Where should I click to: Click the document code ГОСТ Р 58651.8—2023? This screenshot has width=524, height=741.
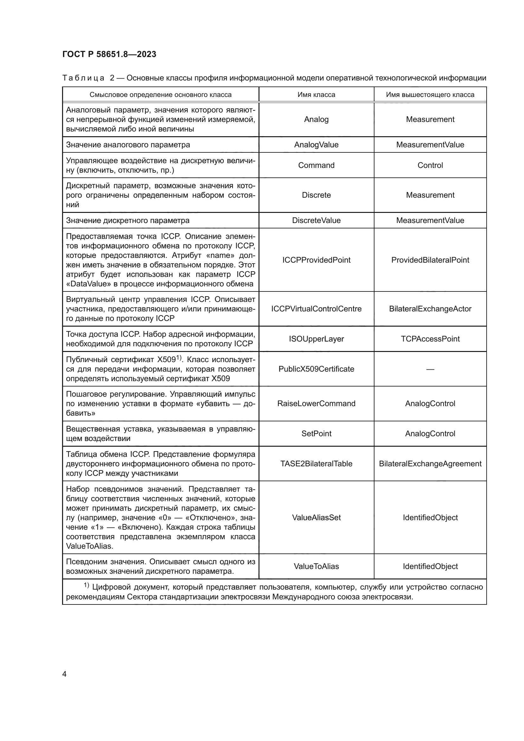click(109, 54)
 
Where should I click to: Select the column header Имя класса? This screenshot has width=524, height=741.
click(316, 94)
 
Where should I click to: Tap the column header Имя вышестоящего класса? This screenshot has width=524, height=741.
click(430, 94)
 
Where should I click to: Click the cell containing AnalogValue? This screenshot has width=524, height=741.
click(316, 144)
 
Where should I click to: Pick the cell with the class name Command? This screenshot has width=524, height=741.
click(316, 165)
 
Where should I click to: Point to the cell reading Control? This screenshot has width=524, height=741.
click(430, 165)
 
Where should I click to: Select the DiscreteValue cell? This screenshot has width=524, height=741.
click(316, 220)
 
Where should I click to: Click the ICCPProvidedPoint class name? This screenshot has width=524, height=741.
click(316, 260)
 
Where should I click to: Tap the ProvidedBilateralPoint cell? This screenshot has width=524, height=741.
click(430, 260)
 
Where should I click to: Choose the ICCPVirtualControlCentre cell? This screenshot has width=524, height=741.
click(316, 309)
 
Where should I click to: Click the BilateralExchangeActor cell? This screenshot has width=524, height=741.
click(430, 309)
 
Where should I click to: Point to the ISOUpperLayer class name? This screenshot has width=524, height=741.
click(316, 339)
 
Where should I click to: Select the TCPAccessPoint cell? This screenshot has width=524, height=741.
click(430, 339)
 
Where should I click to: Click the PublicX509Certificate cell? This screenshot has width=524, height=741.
click(316, 369)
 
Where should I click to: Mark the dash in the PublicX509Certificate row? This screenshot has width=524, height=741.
click(430, 369)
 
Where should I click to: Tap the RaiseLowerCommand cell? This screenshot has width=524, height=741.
click(316, 403)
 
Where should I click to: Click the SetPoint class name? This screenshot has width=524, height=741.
click(316, 433)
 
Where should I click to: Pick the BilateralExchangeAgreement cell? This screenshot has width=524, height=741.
click(430, 464)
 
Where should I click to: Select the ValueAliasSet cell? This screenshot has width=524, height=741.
click(316, 517)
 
